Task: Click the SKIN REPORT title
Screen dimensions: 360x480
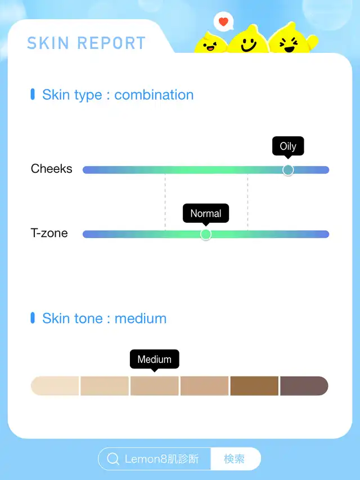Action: [86, 43]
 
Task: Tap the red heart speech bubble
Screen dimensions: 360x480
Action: [223, 21]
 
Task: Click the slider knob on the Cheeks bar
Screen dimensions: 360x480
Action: [288, 170]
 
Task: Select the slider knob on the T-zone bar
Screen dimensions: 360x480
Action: [206, 234]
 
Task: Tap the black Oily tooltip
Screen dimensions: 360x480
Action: [288, 146]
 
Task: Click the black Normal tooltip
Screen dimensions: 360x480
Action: [206, 213]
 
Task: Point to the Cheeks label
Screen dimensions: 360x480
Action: [51, 169]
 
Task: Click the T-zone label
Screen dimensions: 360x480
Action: [49, 233]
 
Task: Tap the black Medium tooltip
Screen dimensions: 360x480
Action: [154, 360]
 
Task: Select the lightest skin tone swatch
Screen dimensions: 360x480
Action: [55, 385]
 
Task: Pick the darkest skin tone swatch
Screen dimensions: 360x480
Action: [304, 385]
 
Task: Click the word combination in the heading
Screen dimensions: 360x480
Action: [154, 95]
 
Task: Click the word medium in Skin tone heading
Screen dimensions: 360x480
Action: [141, 318]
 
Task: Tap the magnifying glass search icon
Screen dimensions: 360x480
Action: [113, 459]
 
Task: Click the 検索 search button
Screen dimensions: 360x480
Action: [235, 459]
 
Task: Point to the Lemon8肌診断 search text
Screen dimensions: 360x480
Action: [161, 459]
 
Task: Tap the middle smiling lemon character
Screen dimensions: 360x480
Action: [249, 40]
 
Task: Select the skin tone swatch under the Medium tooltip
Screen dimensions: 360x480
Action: [154, 385]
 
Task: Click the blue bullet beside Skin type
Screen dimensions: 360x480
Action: [33, 95]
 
